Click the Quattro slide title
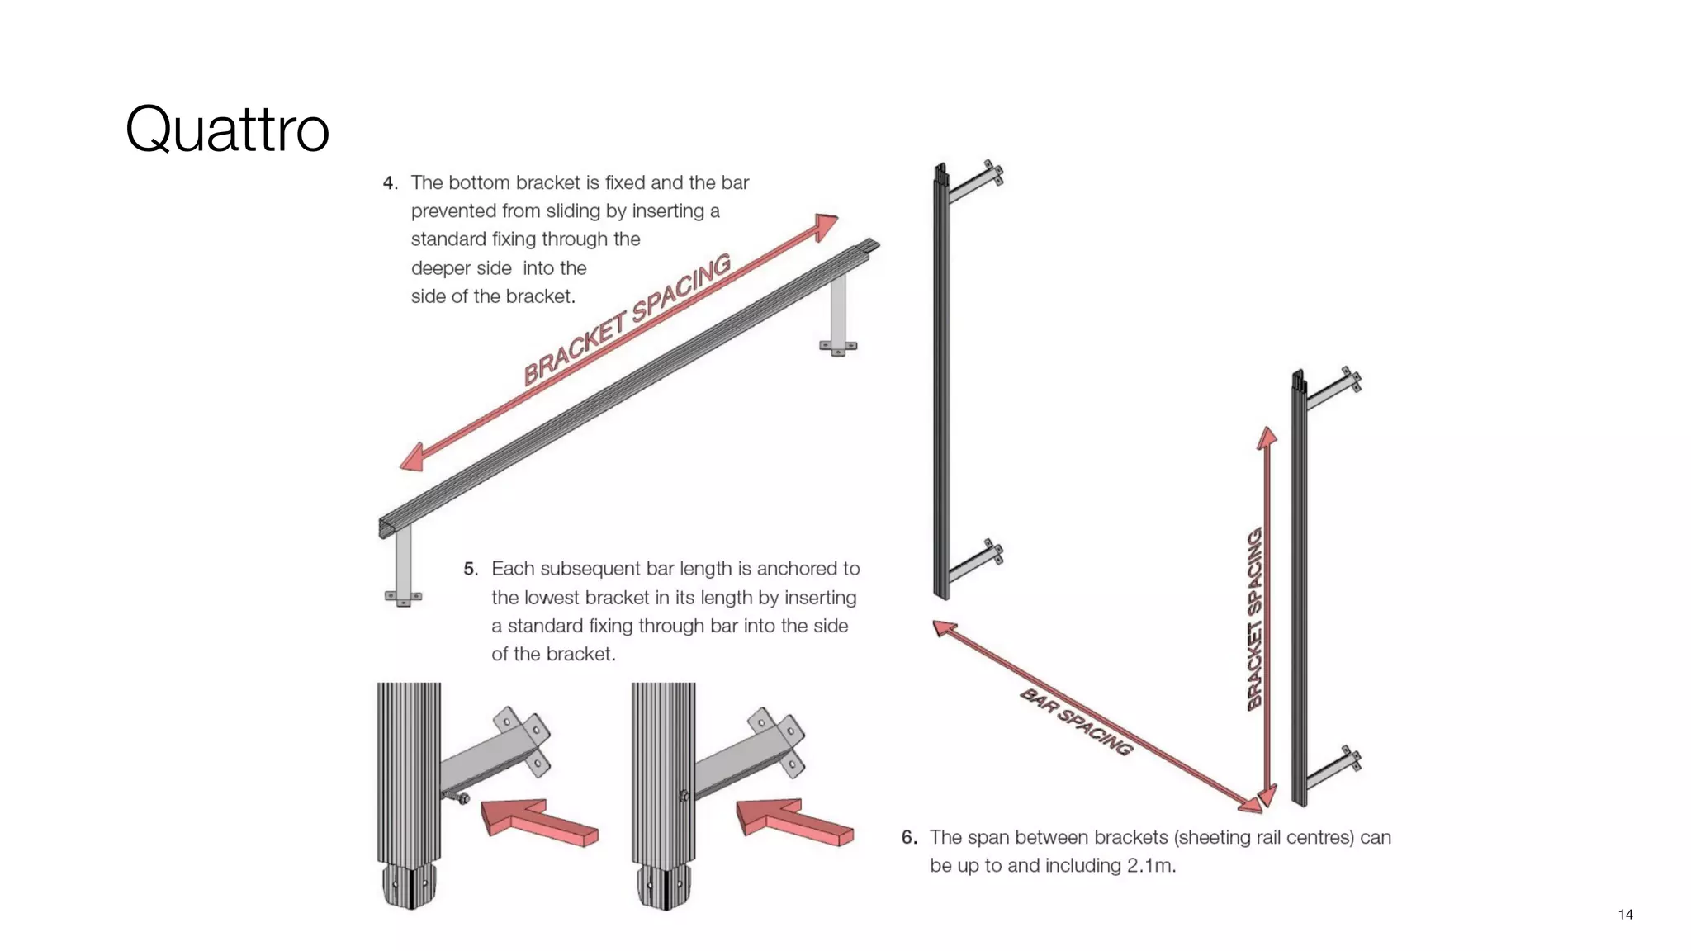[227, 130]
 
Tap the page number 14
[1625, 914]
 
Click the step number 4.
[390, 183]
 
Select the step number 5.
[471, 569]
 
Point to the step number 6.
[909, 837]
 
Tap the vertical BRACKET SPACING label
[1255, 619]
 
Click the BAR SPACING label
[1076, 722]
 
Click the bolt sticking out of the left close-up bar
[457, 797]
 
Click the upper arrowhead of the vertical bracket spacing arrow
[1267, 438]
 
